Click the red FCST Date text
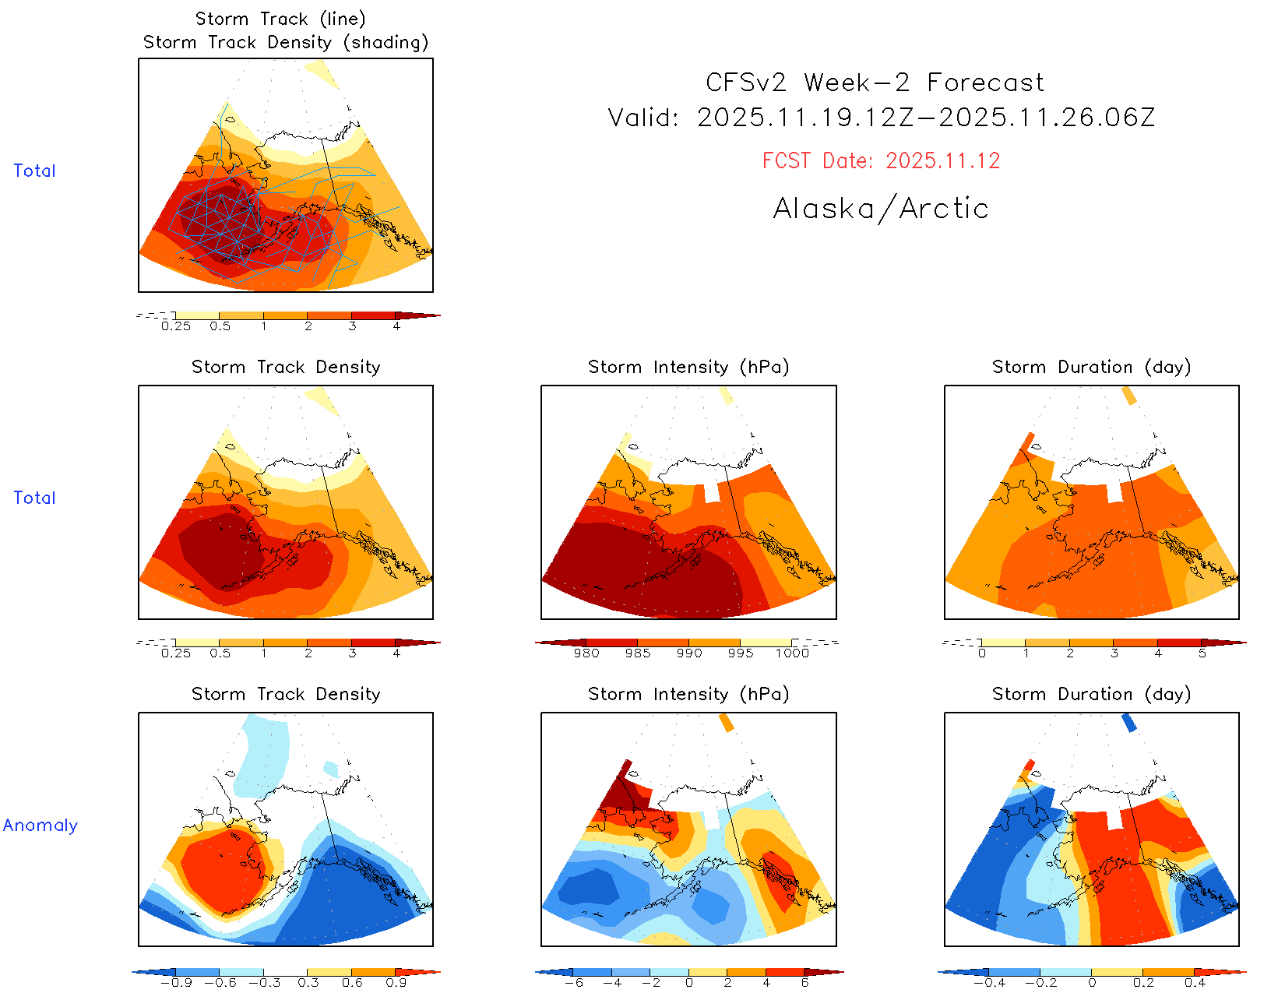tap(881, 160)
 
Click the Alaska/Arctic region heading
tap(881, 209)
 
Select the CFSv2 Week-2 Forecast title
tap(875, 83)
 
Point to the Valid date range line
tap(881, 118)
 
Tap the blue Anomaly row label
tap(40, 826)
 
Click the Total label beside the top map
tap(34, 171)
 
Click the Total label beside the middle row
tap(34, 498)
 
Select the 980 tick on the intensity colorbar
tap(586, 653)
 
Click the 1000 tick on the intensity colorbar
tap(792, 653)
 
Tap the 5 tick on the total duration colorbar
tap(1202, 653)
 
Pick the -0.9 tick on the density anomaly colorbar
tap(176, 983)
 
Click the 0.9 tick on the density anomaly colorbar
tap(396, 983)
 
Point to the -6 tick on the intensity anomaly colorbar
tap(574, 983)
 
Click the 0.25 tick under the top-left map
tap(176, 326)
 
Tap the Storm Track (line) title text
tap(280, 19)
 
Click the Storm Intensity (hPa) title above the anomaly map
tap(688, 694)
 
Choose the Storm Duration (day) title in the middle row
tap(1091, 367)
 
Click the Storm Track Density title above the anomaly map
tap(286, 694)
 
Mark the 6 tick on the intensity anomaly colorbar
tap(804, 983)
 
